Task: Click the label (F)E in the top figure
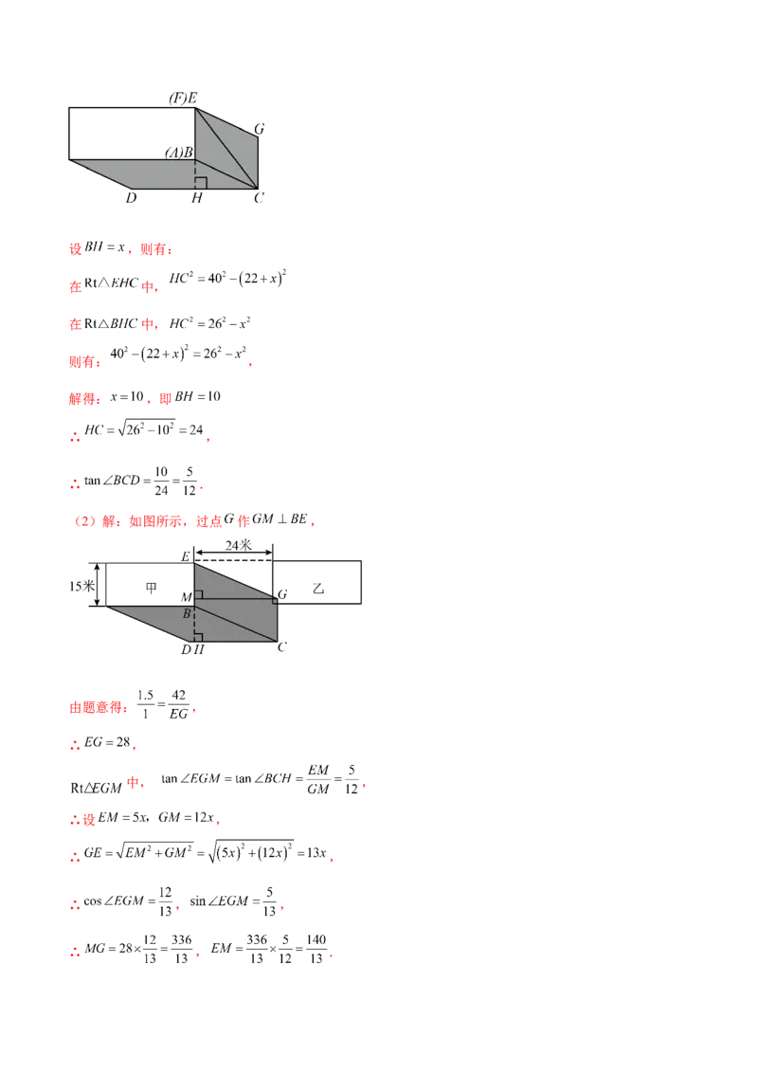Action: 184,98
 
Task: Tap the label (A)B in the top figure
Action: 179,152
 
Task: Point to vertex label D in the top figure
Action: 132,198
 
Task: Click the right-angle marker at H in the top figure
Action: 201,183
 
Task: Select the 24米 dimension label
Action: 239,545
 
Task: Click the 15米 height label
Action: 81,586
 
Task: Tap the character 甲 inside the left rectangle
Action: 152,587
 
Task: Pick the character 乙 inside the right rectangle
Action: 318,589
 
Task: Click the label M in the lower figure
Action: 186,597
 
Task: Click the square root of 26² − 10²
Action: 147,429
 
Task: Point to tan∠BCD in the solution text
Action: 112,481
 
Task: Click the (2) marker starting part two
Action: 85,520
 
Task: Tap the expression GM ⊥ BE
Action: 280,518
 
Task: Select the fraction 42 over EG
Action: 178,705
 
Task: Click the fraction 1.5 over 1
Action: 145,705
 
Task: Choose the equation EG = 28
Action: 107,742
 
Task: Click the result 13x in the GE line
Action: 316,853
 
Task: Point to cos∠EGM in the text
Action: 114,901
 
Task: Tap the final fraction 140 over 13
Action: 316,949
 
